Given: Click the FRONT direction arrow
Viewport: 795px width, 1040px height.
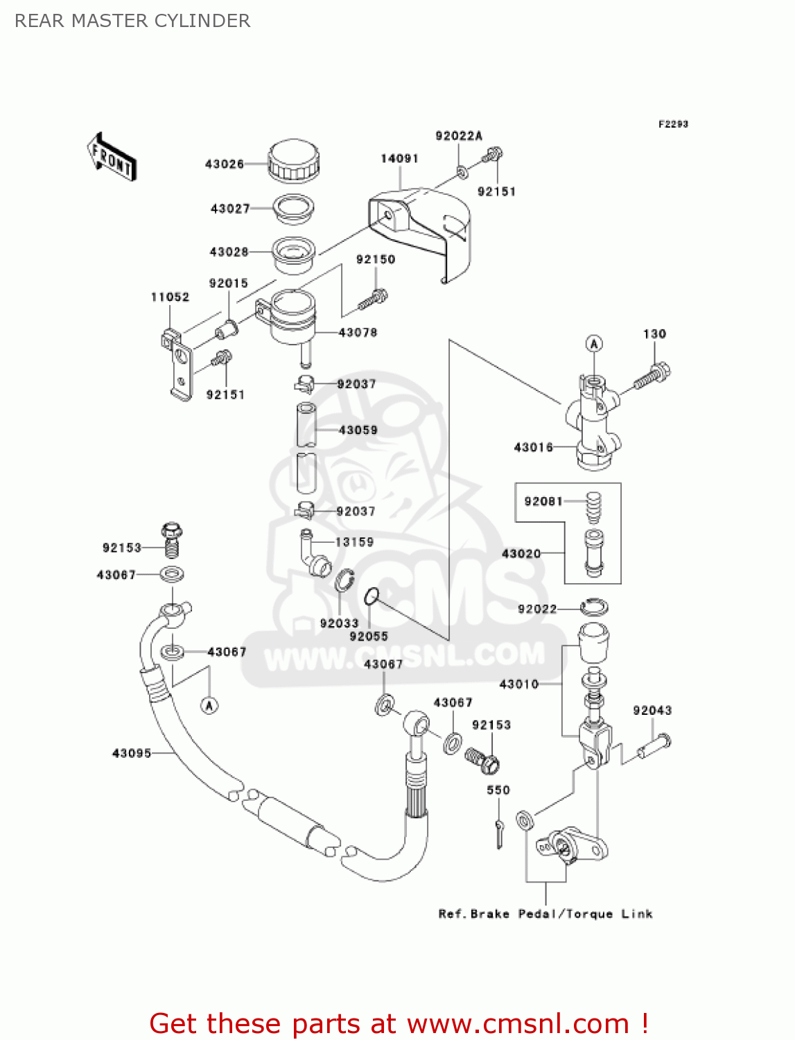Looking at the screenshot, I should click(x=112, y=157).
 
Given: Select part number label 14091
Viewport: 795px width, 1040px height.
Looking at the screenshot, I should click(x=399, y=159).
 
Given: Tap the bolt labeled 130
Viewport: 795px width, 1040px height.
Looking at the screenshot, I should click(x=652, y=375).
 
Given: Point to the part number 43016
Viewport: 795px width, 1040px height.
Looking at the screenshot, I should click(x=533, y=447).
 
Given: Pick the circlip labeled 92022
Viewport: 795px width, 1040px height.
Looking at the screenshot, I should click(x=594, y=607).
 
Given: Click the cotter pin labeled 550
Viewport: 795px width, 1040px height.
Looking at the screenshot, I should click(x=499, y=832).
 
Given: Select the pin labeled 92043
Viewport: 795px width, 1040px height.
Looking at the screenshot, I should click(x=653, y=746).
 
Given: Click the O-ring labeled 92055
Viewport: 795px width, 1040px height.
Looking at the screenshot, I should click(x=372, y=595).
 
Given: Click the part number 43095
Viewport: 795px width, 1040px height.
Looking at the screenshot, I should click(x=132, y=753).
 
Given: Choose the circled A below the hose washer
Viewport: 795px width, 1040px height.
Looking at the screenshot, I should click(x=209, y=705).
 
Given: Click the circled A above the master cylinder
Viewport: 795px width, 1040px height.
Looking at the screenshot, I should click(x=594, y=343).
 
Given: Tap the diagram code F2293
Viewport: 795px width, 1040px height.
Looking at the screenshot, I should click(x=673, y=124).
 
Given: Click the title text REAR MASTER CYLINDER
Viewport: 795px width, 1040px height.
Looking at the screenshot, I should click(x=132, y=21).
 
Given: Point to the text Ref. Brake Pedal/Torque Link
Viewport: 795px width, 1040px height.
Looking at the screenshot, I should click(x=545, y=914).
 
